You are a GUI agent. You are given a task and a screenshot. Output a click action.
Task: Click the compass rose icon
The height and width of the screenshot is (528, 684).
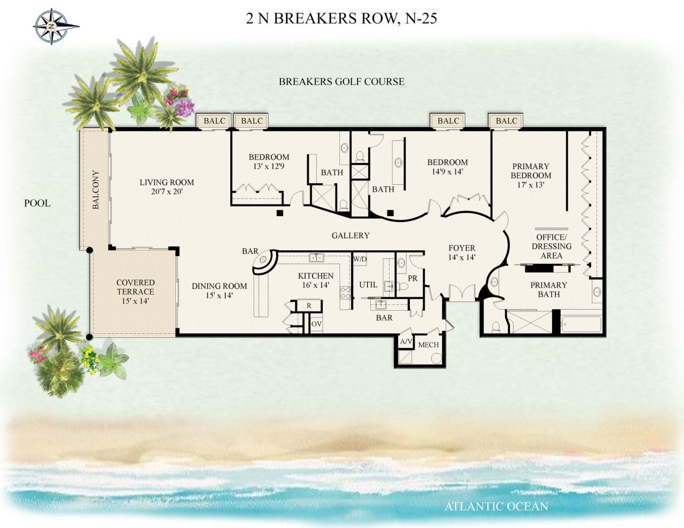(51, 25)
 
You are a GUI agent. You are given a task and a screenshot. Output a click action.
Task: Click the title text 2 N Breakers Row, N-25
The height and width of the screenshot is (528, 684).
(341, 19)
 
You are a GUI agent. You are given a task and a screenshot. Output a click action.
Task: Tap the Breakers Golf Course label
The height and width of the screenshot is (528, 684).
(341, 82)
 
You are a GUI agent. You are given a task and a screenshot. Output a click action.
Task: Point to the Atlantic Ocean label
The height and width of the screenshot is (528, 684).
(496, 506)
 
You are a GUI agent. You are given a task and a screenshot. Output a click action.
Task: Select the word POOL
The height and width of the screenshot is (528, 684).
(37, 203)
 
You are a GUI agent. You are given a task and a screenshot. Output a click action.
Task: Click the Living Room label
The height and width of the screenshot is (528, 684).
(167, 186)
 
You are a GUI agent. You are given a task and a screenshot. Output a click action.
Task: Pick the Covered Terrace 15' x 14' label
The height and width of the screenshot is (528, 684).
(135, 291)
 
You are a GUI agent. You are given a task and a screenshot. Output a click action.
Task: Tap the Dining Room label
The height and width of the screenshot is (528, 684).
(219, 290)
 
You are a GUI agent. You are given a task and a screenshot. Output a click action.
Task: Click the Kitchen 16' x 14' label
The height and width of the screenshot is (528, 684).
(315, 280)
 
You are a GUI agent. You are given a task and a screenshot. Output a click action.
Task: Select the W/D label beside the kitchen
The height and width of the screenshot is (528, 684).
(360, 259)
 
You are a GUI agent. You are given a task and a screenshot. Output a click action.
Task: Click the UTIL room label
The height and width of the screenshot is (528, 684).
(368, 285)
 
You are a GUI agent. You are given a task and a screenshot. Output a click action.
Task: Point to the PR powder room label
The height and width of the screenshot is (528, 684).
(412, 278)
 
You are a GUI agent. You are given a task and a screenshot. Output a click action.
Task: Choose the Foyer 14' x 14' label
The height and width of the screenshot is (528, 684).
(462, 252)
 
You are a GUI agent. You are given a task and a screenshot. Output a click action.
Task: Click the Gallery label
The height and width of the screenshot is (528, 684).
(350, 235)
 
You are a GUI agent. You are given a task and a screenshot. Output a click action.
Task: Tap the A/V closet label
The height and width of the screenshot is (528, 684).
(406, 342)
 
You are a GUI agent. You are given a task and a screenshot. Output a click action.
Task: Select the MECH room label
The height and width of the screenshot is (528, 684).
(428, 345)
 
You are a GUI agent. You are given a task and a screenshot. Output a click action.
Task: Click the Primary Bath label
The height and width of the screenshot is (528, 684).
(548, 289)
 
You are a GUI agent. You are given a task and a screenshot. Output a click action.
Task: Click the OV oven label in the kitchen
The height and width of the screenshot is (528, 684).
(316, 324)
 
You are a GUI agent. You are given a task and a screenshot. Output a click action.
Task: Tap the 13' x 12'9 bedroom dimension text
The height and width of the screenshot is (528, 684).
(269, 166)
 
